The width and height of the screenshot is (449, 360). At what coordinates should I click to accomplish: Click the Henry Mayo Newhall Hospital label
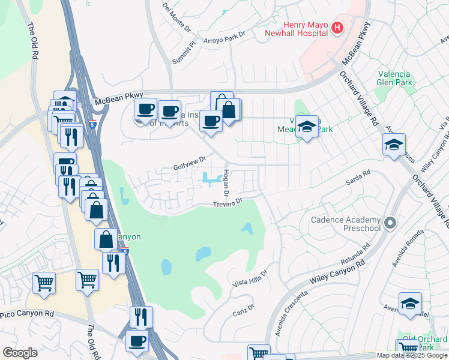click(x=298, y=28)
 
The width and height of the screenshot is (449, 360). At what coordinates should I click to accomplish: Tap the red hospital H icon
click(x=337, y=27)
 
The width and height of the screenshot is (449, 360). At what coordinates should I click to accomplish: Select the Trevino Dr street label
click(x=227, y=204)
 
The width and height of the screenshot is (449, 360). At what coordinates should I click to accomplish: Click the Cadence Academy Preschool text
click(x=345, y=224)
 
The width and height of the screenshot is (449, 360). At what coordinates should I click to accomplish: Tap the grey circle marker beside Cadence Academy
click(x=390, y=224)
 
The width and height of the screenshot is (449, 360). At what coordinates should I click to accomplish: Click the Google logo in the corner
click(x=20, y=352)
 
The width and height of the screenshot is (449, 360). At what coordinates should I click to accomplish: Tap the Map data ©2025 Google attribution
click(x=412, y=355)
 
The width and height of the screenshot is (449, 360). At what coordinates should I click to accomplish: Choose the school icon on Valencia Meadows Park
click(x=307, y=127)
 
